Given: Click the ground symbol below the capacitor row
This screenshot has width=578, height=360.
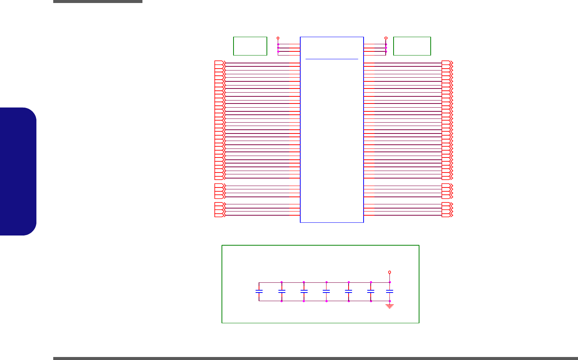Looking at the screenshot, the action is (390, 306).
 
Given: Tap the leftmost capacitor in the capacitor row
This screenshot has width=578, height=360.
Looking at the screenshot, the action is (259, 291).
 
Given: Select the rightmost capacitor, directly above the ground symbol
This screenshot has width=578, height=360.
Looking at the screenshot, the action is (390, 291).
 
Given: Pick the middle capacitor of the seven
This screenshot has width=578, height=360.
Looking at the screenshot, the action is (326, 291).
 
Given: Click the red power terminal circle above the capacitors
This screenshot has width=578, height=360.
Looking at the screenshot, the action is (390, 272).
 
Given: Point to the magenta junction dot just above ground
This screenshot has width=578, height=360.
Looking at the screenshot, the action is (390, 301).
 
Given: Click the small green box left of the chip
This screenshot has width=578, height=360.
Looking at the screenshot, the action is (250, 46).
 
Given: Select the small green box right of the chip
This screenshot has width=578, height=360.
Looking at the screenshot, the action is (412, 46).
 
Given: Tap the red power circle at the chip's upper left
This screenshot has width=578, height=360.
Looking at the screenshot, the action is (278, 38).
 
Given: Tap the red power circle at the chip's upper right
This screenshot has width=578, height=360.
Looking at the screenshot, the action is (386, 38).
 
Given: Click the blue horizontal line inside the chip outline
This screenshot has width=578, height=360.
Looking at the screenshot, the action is (332, 59).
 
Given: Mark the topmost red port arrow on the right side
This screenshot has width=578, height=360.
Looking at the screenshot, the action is (447, 63).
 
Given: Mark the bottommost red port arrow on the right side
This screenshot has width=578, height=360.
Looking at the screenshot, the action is (447, 215).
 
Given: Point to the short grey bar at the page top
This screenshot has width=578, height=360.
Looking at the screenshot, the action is (97, 1).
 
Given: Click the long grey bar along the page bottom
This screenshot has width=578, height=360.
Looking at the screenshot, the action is (315, 358).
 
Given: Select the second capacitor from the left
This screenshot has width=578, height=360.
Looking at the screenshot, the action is (282, 291).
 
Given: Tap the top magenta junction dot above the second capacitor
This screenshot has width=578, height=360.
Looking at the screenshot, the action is (282, 282).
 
